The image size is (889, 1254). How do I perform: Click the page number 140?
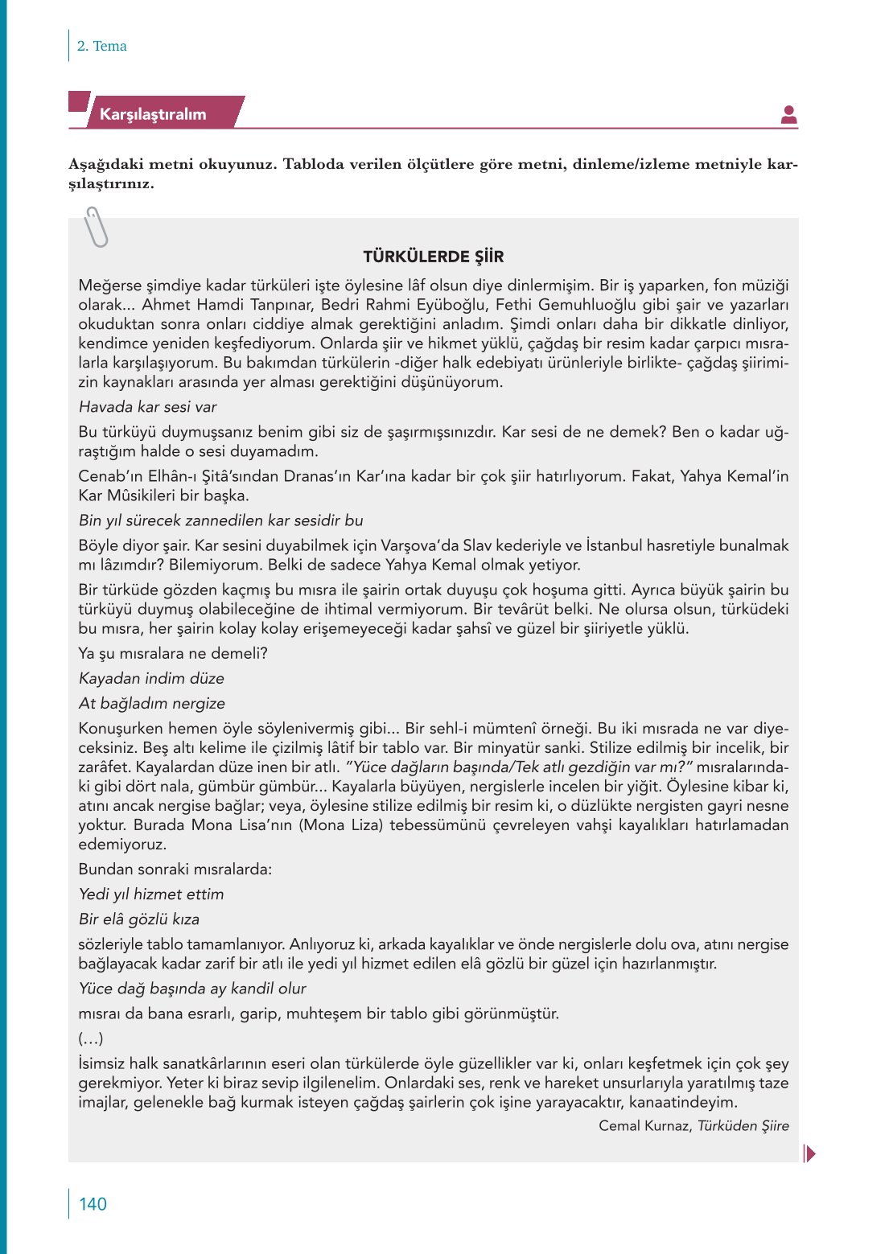pyautogui.click(x=93, y=1204)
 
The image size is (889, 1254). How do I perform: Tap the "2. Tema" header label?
pyautogui.click(x=101, y=46)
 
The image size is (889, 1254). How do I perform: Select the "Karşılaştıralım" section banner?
pyautogui.click(x=153, y=114)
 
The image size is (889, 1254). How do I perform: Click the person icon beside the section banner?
pyautogui.click(x=788, y=115)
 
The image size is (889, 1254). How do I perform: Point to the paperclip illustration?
pyautogui.click(x=96, y=227)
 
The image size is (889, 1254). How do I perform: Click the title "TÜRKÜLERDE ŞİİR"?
pyautogui.click(x=433, y=257)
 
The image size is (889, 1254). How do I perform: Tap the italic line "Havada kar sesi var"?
pyautogui.click(x=147, y=407)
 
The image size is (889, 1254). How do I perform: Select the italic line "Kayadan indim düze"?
pyautogui.click(x=151, y=678)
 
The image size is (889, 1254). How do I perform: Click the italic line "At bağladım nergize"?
pyautogui.click(x=152, y=703)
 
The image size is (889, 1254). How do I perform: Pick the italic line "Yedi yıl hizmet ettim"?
pyautogui.click(x=151, y=894)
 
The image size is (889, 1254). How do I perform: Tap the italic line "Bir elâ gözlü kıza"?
pyautogui.click(x=139, y=919)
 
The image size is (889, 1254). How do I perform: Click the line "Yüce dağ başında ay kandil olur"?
pyautogui.click(x=192, y=988)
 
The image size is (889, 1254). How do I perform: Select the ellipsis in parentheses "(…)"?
pyautogui.click(x=91, y=1038)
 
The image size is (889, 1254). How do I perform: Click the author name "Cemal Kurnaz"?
pyautogui.click(x=644, y=1126)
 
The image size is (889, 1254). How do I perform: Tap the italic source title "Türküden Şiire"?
pyautogui.click(x=743, y=1126)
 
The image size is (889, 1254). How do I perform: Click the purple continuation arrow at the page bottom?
pyautogui.click(x=809, y=1153)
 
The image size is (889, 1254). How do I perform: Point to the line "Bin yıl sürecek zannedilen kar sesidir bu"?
pyautogui.click(x=220, y=520)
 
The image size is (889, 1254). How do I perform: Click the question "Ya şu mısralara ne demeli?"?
pyautogui.click(x=173, y=653)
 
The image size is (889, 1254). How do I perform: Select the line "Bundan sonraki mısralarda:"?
pyautogui.click(x=175, y=869)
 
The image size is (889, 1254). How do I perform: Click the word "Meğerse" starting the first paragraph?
pyautogui.click(x=108, y=286)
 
